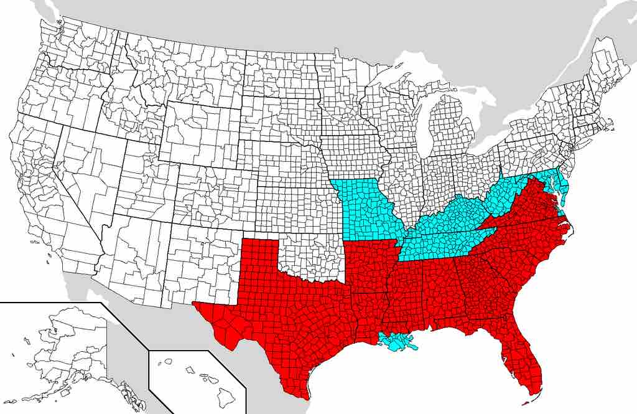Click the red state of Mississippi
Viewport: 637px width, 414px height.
point(407,293)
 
